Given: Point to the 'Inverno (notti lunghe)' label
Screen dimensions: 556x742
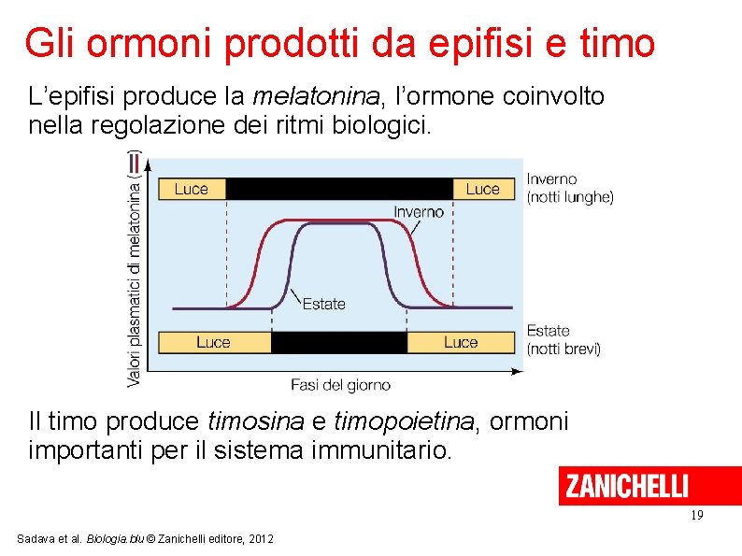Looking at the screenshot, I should (x=570, y=188).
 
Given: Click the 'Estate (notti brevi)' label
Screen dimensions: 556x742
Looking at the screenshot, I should (x=564, y=339).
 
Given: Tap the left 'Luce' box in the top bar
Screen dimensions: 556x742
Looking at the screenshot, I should (x=192, y=189).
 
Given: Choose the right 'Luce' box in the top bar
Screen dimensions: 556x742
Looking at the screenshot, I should (x=483, y=189).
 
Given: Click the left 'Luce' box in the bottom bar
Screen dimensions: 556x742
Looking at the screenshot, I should (x=214, y=342).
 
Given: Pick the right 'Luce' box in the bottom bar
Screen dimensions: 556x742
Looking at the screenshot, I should (x=461, y=342).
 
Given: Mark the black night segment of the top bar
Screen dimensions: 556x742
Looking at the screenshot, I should (x=339, y=189).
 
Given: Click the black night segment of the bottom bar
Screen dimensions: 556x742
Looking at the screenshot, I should (x=338, y=342).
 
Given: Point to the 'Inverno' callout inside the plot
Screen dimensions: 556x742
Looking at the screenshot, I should (x=419, y=212).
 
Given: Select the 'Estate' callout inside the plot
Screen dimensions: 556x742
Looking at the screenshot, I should (x=324, y=304).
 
